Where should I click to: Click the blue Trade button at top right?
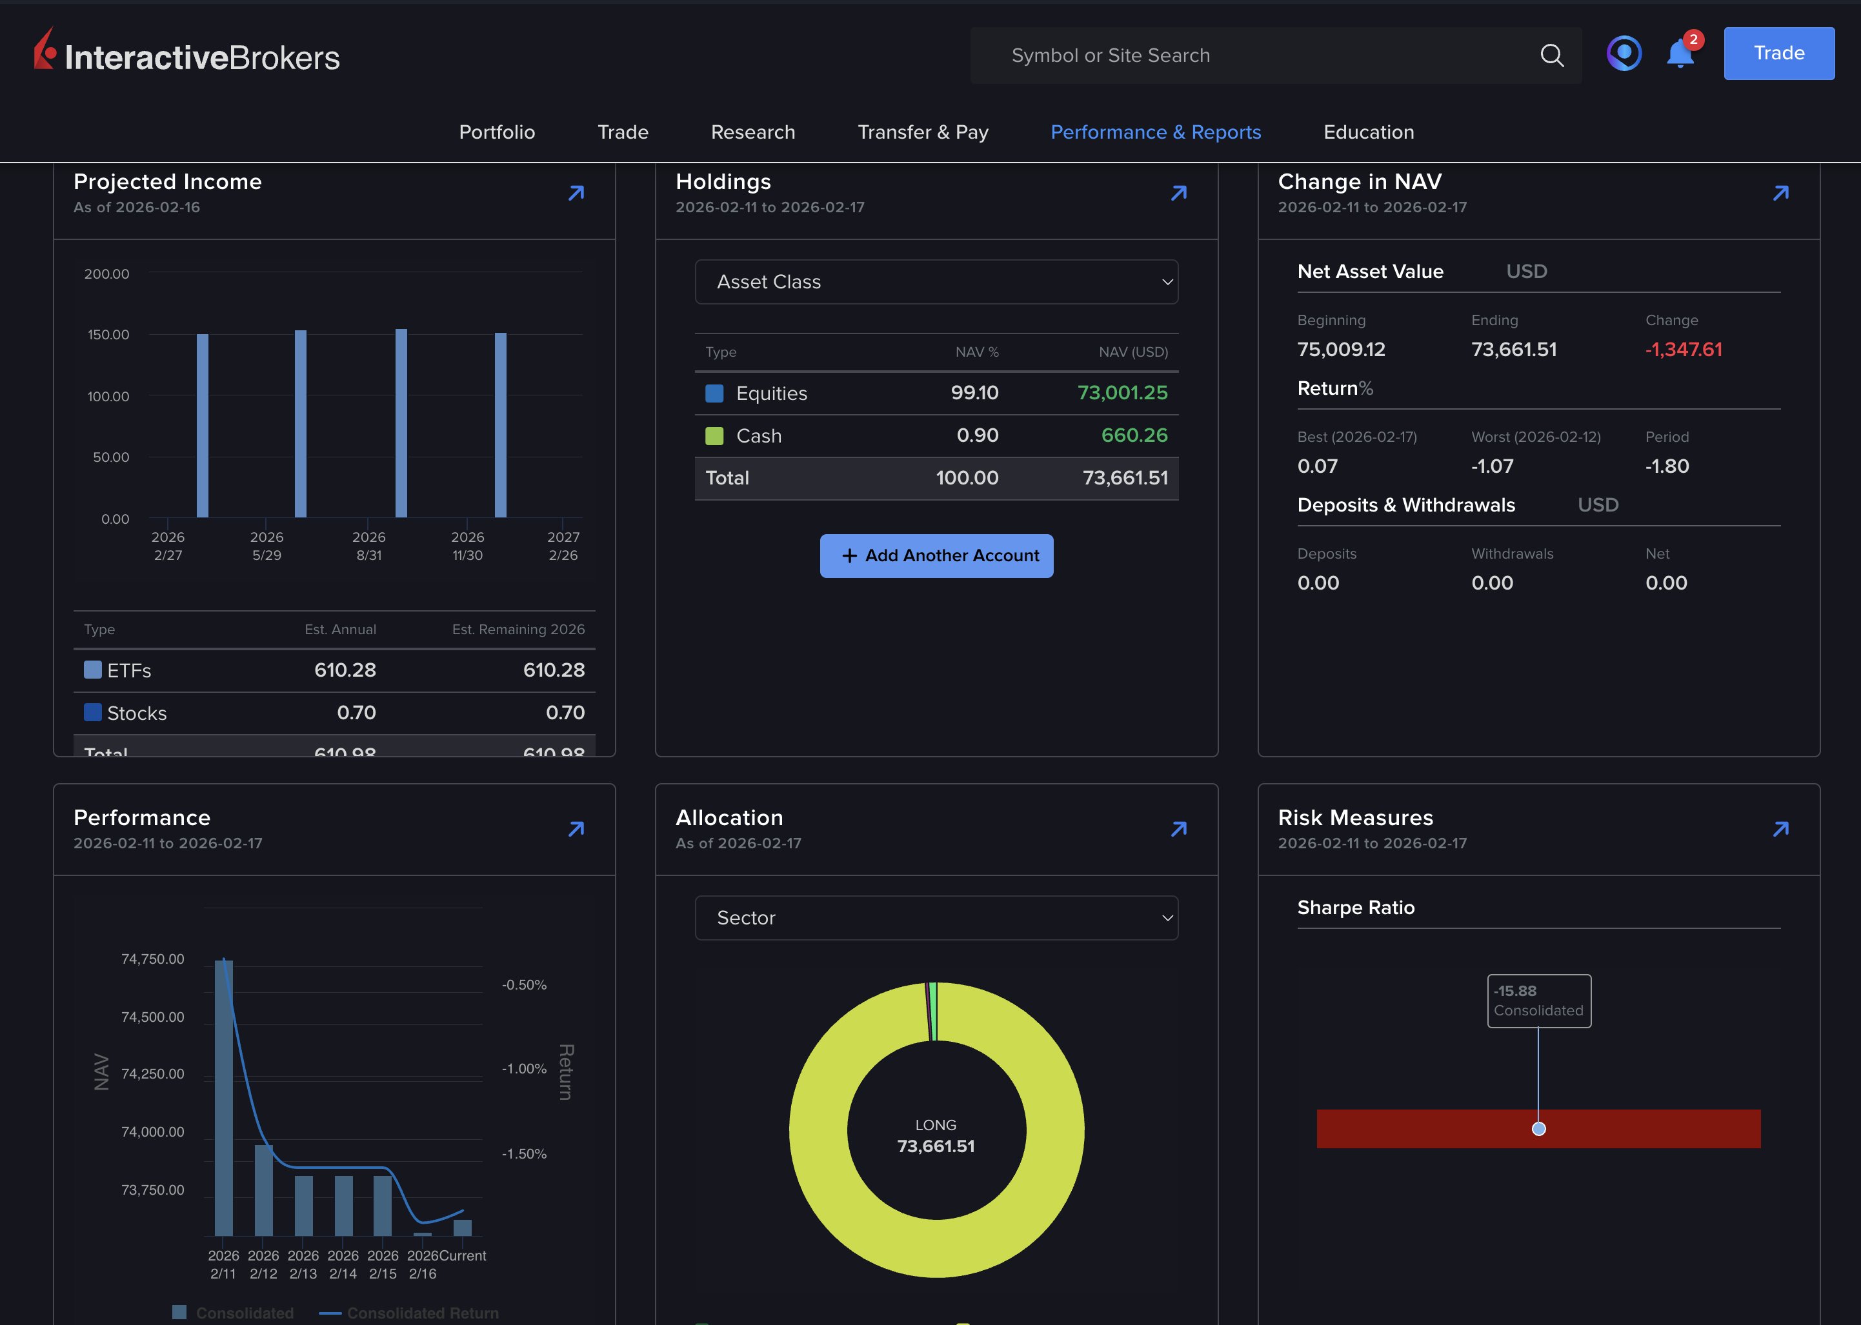coord(1778,53)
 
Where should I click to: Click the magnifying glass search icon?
coord(1552,55)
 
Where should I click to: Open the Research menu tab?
coord(752,132)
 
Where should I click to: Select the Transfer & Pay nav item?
coord(922,132)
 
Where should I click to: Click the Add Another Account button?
coord(936,555)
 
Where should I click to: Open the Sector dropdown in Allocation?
coord(936,918)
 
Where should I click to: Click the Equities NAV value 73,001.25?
coord(1122,394)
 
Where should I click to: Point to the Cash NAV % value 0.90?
coord(977,435)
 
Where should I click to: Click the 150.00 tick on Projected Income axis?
coord(108,335)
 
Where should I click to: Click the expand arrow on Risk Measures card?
coord(1781,830)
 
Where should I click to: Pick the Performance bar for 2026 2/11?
coord(224,1097)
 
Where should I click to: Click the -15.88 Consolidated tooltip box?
coord(1538,1001)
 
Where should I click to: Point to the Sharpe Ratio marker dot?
coord(1538,1129)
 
